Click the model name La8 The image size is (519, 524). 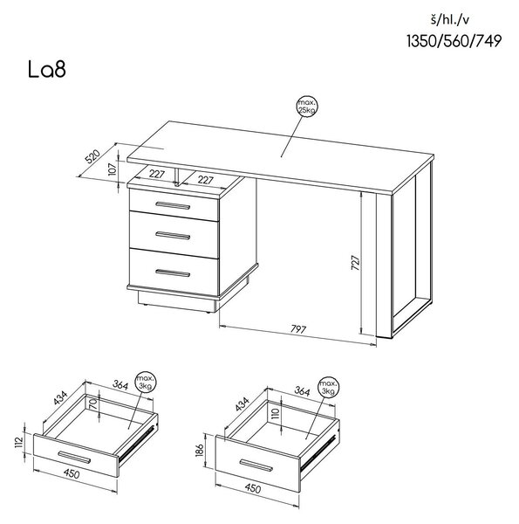point(47,69)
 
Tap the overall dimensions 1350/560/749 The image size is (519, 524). point(454,41)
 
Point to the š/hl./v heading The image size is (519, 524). point(449,20)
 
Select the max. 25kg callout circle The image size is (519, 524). point(307,107)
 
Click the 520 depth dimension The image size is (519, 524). point(93,156)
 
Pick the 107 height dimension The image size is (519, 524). point(113,169)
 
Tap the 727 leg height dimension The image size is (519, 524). point(356,263)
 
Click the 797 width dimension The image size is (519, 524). point(298,329)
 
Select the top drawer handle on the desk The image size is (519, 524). point(173,205)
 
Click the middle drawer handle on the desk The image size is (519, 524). point(173,236)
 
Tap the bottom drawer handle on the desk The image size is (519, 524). point(173,273)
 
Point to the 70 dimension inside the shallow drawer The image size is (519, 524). point(93,404)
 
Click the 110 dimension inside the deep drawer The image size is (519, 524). point(275,413)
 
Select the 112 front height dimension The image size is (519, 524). point(19,442)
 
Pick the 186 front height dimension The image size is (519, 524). point(200,450)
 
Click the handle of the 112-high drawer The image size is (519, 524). point(74,457)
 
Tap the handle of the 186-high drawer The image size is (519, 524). point(256,465)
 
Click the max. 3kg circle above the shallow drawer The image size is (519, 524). point(146,383)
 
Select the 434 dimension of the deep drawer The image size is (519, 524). point(242,404)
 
